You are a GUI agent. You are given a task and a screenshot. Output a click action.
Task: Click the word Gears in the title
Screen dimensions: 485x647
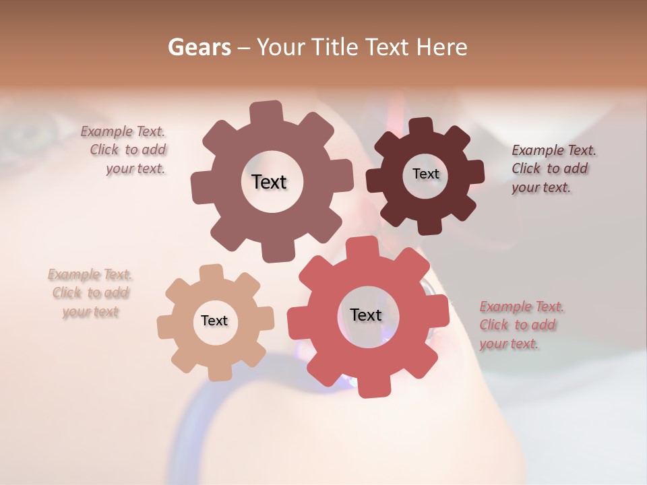point(199,47)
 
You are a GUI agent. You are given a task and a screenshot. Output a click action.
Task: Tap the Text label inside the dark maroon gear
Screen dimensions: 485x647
point(425,174)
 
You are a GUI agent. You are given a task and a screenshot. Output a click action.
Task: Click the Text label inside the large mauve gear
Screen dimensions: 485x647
point(269,182)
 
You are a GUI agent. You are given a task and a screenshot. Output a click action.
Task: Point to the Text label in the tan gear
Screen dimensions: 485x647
point(214,321)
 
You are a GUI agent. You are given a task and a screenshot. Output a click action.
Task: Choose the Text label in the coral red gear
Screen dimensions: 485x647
point(366,315)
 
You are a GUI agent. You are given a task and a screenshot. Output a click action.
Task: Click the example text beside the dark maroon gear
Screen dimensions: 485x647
point(553,168)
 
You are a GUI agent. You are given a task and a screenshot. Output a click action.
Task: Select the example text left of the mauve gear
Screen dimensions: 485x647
point(125,150)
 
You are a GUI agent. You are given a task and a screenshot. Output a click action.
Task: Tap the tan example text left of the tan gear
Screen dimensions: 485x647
point(90,293)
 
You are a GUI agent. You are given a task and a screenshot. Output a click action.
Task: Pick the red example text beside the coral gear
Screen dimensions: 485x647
point(521,325)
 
